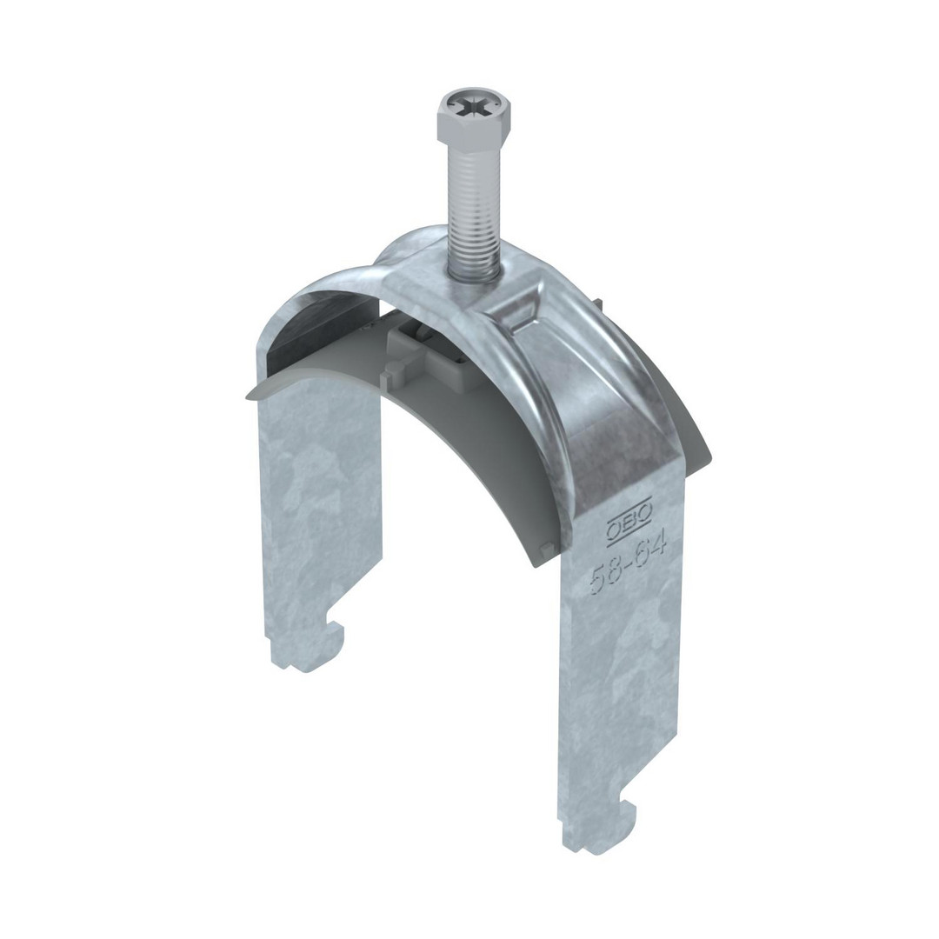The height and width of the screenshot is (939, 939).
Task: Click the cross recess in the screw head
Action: (476, 110)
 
